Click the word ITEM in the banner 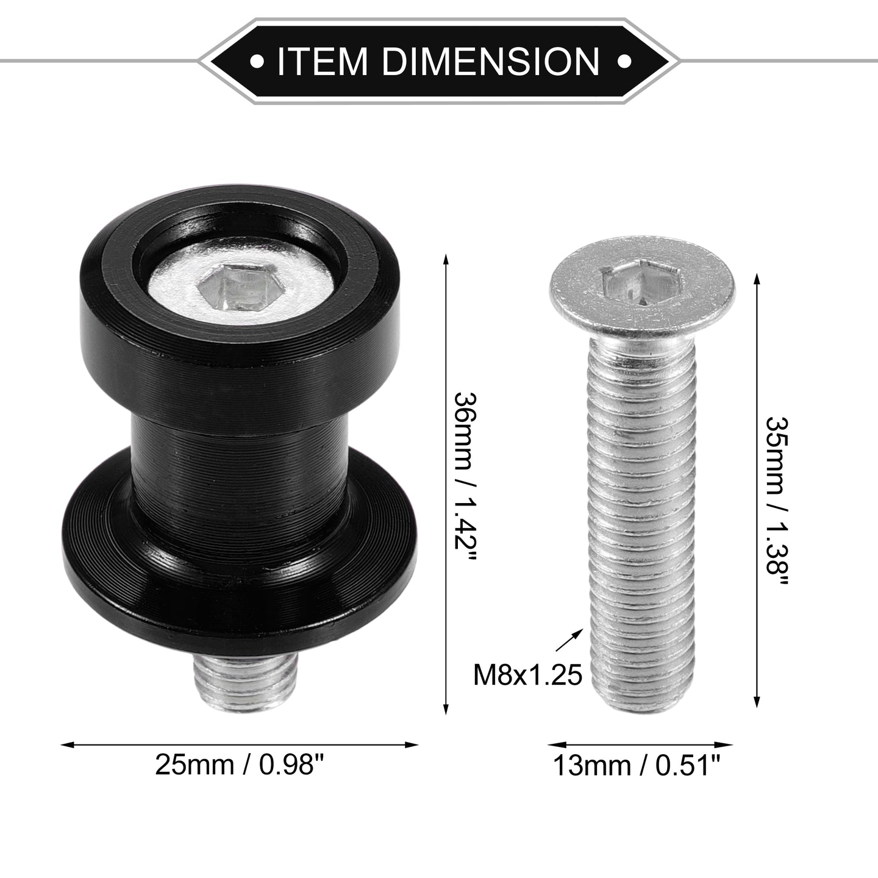pyautogui.click(x=322, y=60)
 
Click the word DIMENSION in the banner pyautogui.click(x=491, y=60)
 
